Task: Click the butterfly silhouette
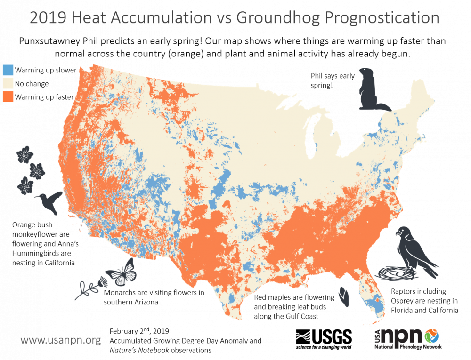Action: click(x=121, y=273)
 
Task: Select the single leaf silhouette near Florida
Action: click(x=344, y=297)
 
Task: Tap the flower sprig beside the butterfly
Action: click(x=89, y=288)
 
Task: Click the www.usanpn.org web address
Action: click(x=61, y=339)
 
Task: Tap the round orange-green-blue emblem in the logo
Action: click(x=431, y=336)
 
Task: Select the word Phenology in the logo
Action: click(x=411, y=347)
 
